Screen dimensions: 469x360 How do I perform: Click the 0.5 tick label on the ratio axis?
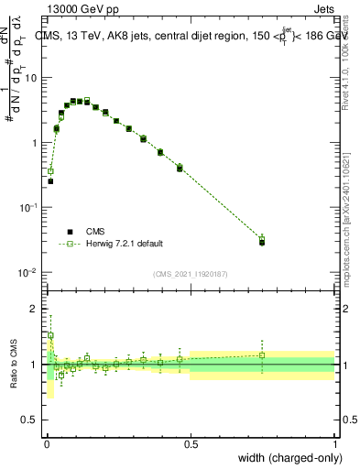(x=30, y=420)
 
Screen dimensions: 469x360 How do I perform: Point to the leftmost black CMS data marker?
(x=50, y=181)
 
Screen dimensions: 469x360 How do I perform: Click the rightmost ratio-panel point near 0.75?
(x=262, y=355)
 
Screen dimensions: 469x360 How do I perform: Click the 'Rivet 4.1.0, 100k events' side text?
(x=352, y=64)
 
